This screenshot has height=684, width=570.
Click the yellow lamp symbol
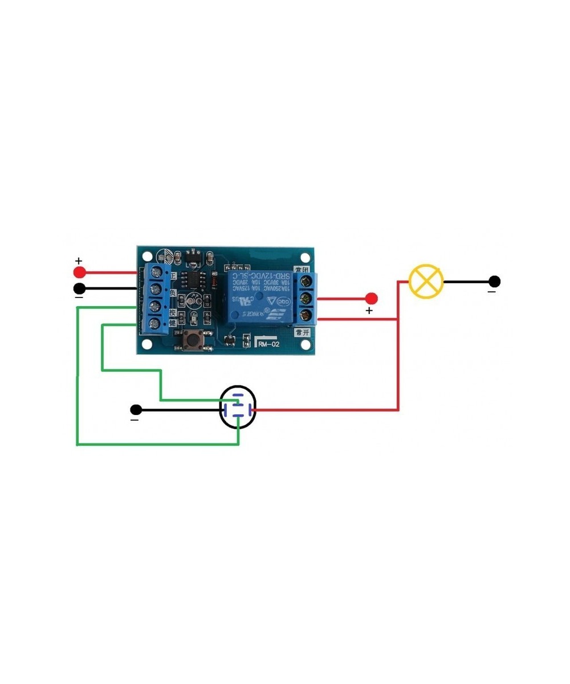click(426, 281)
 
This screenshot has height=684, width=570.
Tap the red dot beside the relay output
click(372, 298)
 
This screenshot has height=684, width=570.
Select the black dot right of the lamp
click(495, 281)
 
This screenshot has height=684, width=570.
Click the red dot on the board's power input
click(79, 271)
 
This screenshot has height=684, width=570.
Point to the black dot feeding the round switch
click(136, 409)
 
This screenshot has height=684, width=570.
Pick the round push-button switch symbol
click(238, 408)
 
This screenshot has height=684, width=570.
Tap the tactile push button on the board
click(194, 340)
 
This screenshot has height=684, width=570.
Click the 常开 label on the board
click(301, 332)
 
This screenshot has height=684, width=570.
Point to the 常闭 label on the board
click(301, 268)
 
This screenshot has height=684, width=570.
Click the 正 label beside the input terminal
click(173, 275)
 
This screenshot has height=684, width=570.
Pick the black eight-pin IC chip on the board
click(194, 279)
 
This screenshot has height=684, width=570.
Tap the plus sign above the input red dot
click(79, 260)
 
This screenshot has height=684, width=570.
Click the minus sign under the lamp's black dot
click(491, 292)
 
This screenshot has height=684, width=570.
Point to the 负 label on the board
click(173, 292)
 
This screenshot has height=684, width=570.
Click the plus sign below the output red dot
click(369, 311)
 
